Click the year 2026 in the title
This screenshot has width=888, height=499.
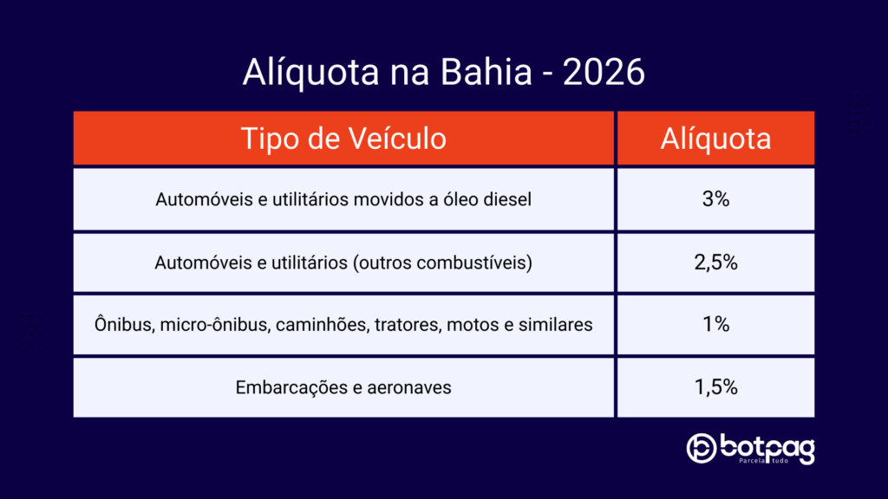point(604,73)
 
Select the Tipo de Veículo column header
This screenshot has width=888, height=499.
point(343,139)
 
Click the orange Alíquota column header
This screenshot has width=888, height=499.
point(715,139)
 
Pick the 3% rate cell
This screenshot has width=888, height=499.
point(715,199)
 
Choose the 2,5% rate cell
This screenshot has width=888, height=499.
point(715,262)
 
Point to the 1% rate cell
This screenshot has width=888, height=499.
point(715,324)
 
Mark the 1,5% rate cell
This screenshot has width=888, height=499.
point(715,387)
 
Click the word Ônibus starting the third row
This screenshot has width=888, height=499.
point(124,324)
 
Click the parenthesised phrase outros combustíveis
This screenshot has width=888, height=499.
point(442,263)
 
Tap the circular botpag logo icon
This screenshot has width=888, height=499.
point(701,448)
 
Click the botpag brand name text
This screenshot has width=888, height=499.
point(768,448)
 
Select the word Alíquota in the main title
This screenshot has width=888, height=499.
point(311,73)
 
